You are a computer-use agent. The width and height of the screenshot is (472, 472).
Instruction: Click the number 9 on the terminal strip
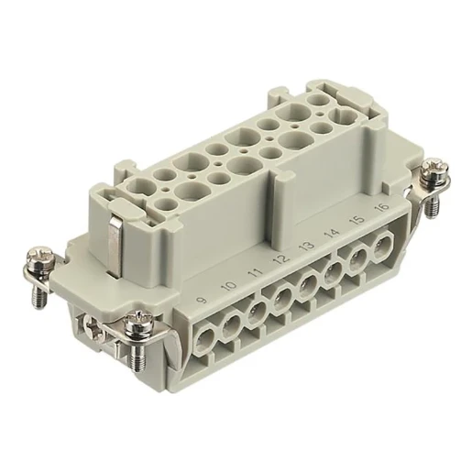coord(203,299)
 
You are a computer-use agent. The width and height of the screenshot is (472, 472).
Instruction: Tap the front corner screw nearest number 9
coord(139,324)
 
